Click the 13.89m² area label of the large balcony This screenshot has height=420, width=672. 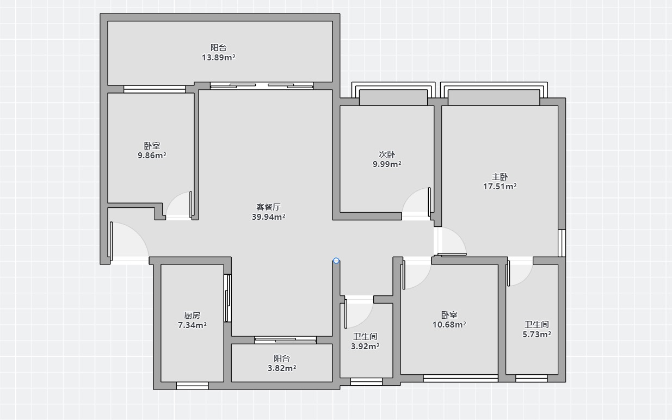pyautogui.click(x=218, y=57)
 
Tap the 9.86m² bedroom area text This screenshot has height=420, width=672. pyautogui.click(x=152, y=156)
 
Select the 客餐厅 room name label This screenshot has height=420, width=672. pyautogui.click(x=268, y=207)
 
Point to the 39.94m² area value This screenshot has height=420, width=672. pyautogui.click(x=268, y=217)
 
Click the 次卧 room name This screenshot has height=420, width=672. pyautogui.click(x=387, y=155)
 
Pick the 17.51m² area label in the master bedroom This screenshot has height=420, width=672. pyautogui.click(x=500, y=186)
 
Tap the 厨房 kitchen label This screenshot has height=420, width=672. pyautogui.click(x=192, y=316)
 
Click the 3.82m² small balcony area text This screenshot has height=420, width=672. pyautogui.click(x=282, y=368)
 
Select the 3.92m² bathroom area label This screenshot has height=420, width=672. pyautogui.click(x=365, y=346)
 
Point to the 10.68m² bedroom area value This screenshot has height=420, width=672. pyautogui.click(x=449, y=324)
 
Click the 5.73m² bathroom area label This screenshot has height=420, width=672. pyautogui.click(x=537, y=334)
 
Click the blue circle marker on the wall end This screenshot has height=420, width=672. pyautogui.click(x=336, y=261)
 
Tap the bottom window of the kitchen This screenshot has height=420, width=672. pyautogui.click(x=192, y=386)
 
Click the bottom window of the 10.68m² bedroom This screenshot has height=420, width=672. pyautogui.click(x=460, y=378)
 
